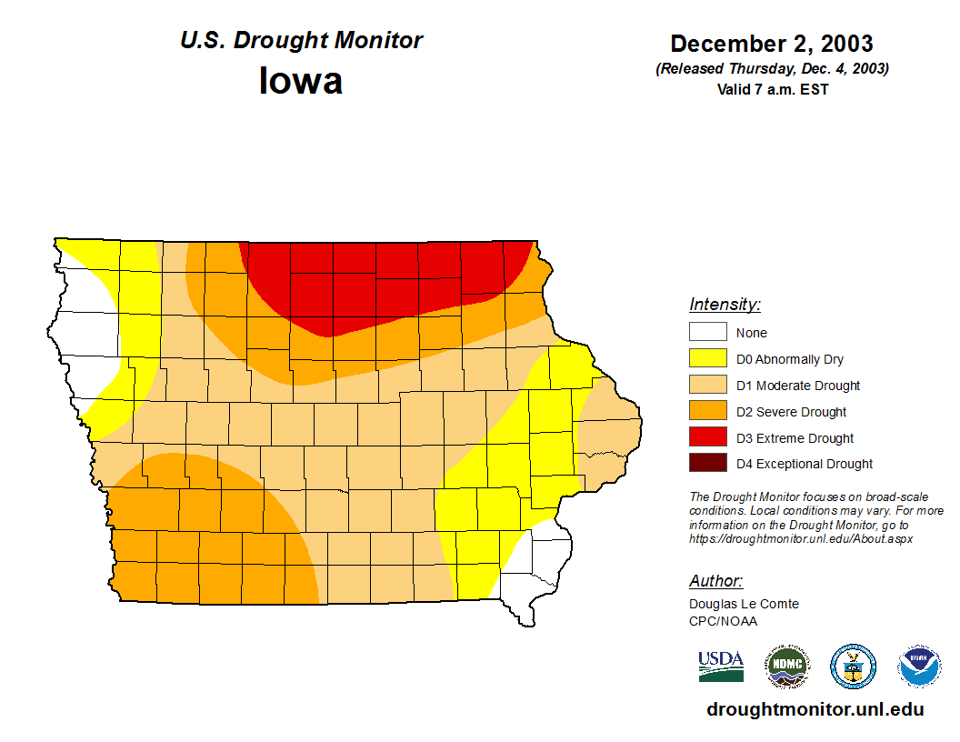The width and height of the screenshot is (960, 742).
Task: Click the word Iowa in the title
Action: (301, 81)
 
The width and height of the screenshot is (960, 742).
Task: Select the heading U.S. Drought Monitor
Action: (301, 40)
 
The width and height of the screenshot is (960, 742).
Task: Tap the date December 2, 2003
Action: (772, 43)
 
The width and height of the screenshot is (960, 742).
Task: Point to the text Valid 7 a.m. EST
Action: (772, 89)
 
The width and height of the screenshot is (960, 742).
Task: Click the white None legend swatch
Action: (707, 333)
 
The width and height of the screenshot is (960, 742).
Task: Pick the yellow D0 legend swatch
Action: (707, 359)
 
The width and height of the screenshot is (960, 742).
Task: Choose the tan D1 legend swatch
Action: (707, 386)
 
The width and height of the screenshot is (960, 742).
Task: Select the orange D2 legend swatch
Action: (707, 412)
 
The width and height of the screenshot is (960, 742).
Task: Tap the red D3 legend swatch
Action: (707, 438)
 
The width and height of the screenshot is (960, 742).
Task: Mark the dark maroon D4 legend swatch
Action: (707, 464)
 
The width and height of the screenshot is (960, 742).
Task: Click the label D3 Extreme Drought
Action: (795, 438)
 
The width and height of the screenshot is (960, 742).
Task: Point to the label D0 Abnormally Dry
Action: (790, 359)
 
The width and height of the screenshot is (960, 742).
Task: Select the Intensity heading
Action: (725, 305)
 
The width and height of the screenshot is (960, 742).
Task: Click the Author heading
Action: (715, 581)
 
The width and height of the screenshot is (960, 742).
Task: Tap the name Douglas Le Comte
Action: (744, 604)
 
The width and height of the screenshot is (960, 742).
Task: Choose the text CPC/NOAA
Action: (723, 621)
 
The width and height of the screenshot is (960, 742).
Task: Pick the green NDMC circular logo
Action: (786, 667)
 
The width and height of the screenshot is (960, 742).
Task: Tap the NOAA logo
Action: (919, 667)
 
